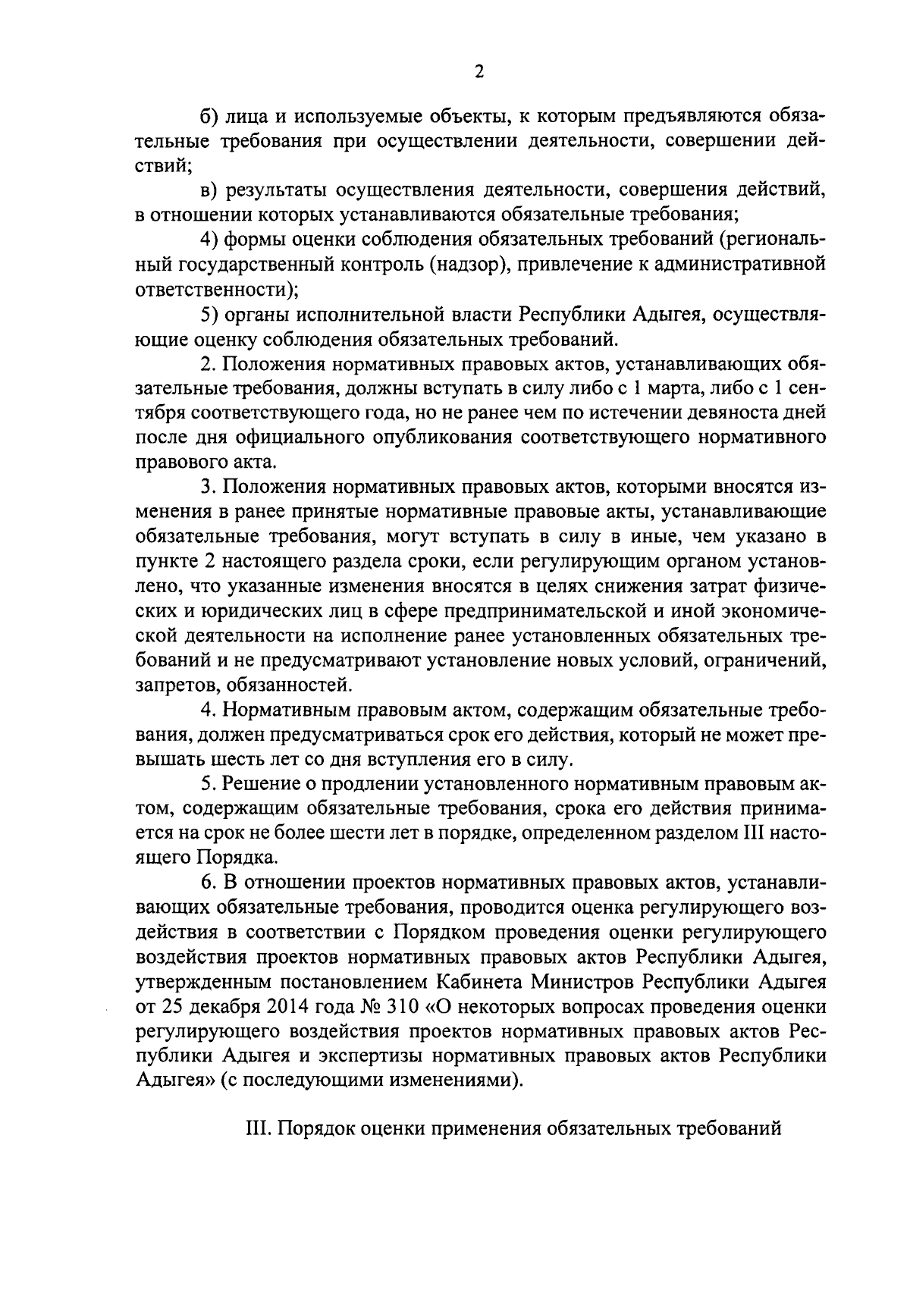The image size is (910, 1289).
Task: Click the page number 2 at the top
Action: point(479,72)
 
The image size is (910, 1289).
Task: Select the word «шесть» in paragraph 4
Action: point(222,759)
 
